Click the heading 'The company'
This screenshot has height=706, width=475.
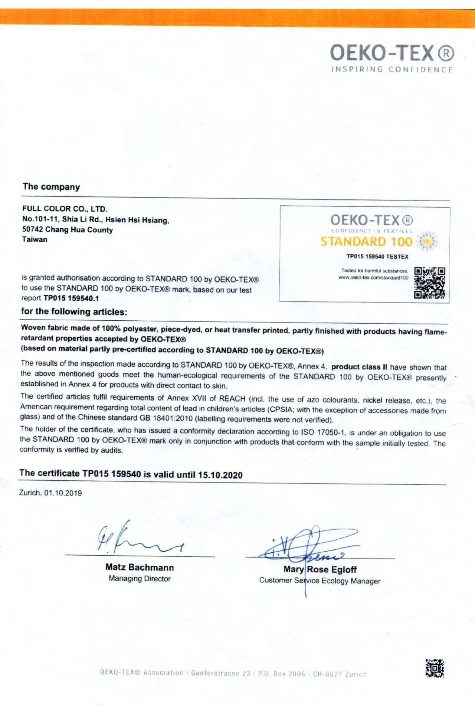[51, 187]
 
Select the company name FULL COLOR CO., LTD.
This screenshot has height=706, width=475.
[65, 209]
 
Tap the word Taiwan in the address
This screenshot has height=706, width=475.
[35, 239]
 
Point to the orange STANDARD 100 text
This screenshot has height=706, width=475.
[366, 242]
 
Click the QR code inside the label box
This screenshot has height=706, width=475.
[429, 283]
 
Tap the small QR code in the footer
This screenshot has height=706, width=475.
[435, 668]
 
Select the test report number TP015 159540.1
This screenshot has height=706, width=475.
[71, 298]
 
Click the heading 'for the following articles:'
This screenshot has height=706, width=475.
[74, 311]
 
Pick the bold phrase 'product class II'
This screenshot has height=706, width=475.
[359, 367]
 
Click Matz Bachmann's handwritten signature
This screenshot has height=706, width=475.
[137, 538]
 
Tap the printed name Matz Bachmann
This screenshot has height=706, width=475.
[140, 567]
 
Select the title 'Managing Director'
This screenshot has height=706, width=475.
[140, 578]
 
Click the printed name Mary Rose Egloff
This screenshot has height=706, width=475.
[320, 569]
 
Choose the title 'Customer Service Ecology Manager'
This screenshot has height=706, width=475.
[320, 581]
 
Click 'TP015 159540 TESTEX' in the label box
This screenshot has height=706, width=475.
[377, 256]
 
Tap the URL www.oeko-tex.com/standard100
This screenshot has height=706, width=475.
[373, 278]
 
